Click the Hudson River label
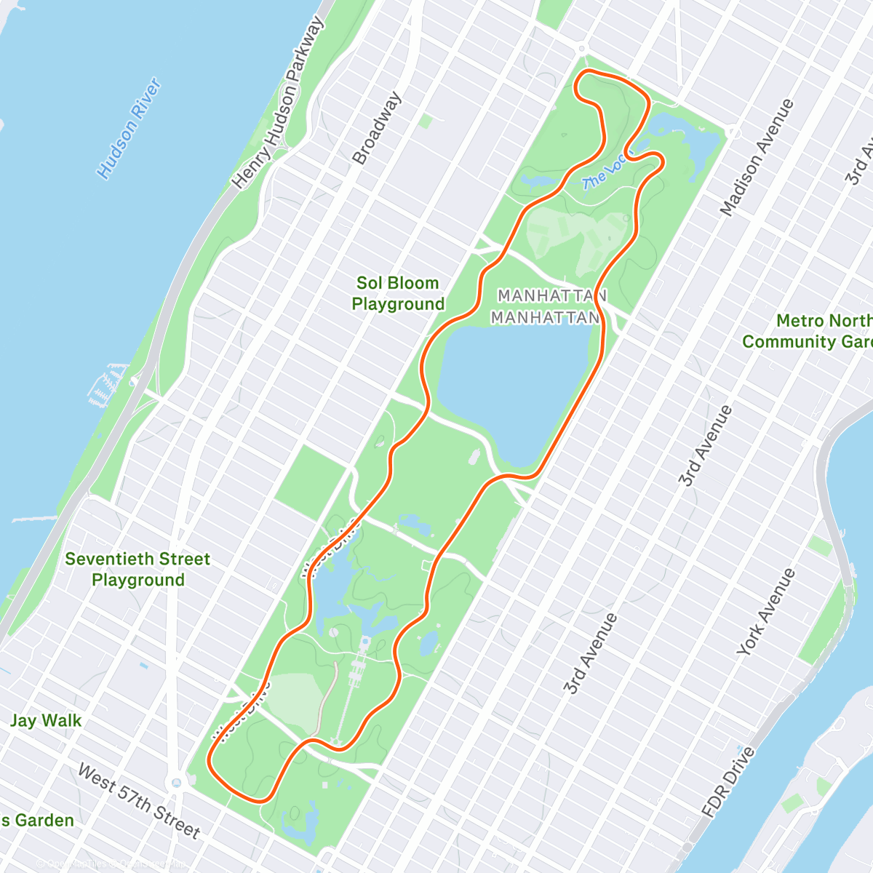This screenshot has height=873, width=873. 129,129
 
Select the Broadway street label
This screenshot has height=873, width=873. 376,128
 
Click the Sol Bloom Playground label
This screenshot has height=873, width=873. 398,293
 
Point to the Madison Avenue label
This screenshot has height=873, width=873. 756,158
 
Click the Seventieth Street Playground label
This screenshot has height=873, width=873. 137,569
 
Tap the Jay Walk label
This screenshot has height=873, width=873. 46,720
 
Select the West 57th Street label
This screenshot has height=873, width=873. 138,800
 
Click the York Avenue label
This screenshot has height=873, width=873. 766,612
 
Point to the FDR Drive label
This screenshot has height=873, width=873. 728,781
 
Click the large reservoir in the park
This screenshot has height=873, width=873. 513,389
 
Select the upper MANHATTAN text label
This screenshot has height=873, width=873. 552,296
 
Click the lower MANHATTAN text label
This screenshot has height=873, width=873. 545,318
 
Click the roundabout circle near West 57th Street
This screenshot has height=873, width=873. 175,784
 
